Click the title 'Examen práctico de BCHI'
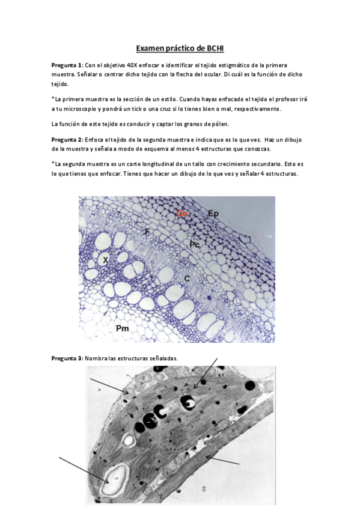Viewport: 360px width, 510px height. click(180, 48)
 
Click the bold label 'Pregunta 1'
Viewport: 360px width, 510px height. click(67, 65)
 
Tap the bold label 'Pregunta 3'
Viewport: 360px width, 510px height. click(67, 358)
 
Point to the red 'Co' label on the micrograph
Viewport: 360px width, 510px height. click(182, 213)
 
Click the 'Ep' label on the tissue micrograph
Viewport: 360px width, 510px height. click(213, 213)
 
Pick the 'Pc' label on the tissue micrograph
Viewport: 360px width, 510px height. click(194, 244)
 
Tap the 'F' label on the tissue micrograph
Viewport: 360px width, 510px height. click(147, 231)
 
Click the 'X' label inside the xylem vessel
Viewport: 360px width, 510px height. click(105, 260)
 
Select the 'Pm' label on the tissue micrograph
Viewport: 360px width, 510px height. click(122, 328)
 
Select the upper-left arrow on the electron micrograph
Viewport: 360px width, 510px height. click(109, 387)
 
